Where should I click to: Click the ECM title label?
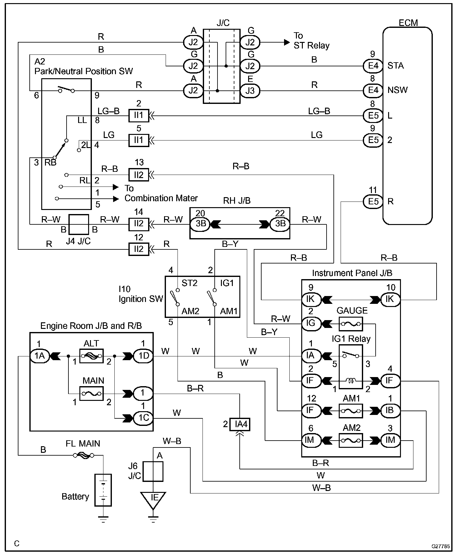coord(408,23)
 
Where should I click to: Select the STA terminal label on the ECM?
coord(395,66)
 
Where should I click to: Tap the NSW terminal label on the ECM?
coord(397,90)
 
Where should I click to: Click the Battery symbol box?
coord(103,490)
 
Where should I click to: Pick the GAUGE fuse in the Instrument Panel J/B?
coord(351,324)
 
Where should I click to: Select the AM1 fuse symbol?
coord(351,410)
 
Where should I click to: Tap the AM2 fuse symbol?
coord(351,440)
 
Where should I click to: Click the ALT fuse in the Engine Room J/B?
coord(92,356)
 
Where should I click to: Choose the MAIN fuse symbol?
coord(92,393)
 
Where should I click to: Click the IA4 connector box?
coord(240,424)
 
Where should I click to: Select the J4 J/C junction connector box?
coord(79,224)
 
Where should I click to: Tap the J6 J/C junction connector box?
coord(153,471)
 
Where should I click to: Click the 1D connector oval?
coord(143,356)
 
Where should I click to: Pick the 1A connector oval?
coord(40,356)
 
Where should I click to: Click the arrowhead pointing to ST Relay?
coord(287,42)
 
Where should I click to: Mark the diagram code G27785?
coord(441,546)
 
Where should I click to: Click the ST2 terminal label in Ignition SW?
coord(189,283)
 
